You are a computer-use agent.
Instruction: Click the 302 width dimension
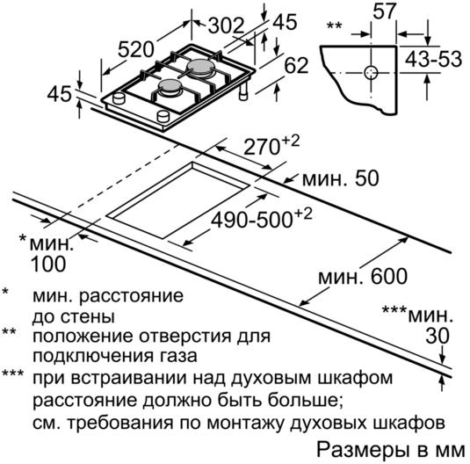pyautogui.click(x=226, y=25)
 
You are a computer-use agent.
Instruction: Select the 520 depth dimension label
pyautogui.click(x=136, y=49)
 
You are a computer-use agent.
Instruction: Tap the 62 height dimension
pyautogui.click(x=296, y=66)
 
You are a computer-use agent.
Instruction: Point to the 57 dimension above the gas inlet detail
pyautogui.click(x=384, y=11)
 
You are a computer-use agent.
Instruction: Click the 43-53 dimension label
pyautogui.click(x=433, y=59)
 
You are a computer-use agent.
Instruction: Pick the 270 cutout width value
pyautogui.click(x=261, y=147)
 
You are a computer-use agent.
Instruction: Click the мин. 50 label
pyautogui.click(x=341, y=178)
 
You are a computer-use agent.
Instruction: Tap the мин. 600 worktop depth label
pyautogui.click(x=363, y=277)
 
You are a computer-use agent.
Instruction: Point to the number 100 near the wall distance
pyautogui.click(x=48, y=264)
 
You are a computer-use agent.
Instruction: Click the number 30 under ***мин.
pyautogui.click(x=437, y=336)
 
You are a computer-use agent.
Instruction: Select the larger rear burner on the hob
pyautogui.click(x=200, y=67)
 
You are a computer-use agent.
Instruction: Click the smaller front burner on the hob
pyautogui.click(x=170, y=87)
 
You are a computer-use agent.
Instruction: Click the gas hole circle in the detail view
pyautogui.click(x=371, y=73)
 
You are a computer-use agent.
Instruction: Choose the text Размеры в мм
pyautogui.click(x=391, y=450)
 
